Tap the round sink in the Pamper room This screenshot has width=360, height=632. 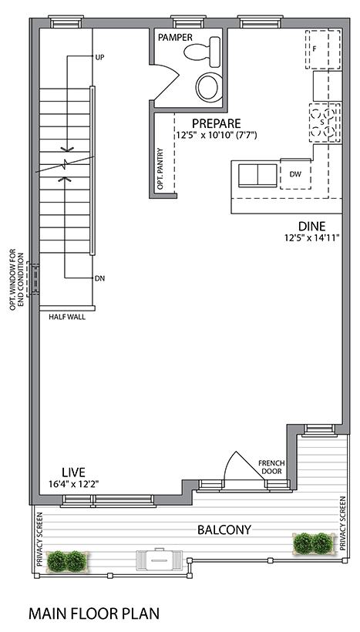(209, 86)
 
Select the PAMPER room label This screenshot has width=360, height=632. (175, 38)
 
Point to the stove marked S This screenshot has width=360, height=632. (325, 123)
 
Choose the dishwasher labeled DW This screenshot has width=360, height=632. (295, 174)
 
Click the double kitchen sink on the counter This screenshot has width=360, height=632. (257, 176)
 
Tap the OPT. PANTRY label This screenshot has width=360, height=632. (160, 170)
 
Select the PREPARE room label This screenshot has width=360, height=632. (216, 123)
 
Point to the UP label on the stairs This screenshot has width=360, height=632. (99, 57)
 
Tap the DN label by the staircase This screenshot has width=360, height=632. (99, 278)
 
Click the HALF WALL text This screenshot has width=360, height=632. (67, 317)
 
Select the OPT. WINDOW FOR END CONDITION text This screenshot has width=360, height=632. (15, 279)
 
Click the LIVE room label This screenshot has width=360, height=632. (73, 472)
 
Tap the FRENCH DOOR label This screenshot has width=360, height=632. (271, 467)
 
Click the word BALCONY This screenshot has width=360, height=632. (224, 529)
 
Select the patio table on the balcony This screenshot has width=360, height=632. (160, 559)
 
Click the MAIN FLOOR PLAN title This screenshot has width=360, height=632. (94, 614)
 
